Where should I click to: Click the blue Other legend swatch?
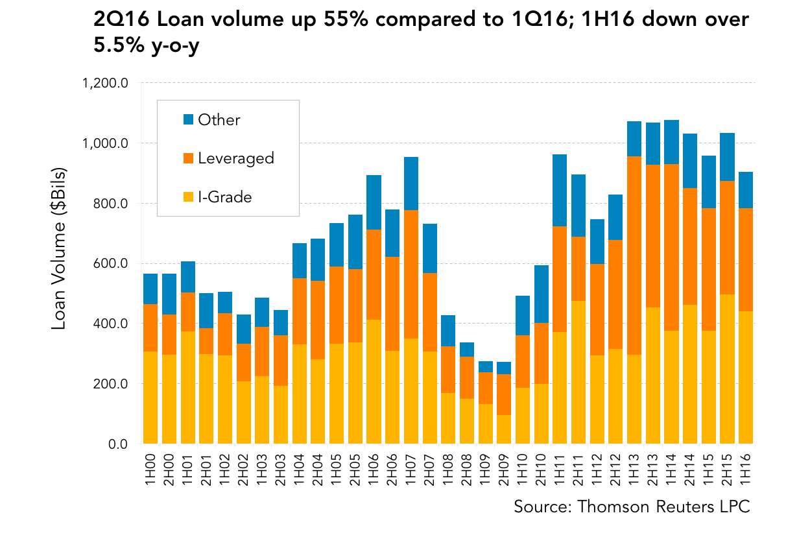(x=189, y=119)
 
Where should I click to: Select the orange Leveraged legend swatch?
(x=189, y=158)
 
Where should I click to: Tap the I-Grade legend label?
(x=225, y=197)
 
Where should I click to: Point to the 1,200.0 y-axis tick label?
(x=105, y=83)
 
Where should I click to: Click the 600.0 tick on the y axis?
(x=110, y=263)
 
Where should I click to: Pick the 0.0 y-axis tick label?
(x=118, y=444)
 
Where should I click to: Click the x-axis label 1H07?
(x=411, y=470)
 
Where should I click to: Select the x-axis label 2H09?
(x=504, y=470)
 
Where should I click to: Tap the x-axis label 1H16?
(x=746, y=470)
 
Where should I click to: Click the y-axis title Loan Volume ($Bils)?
(x=58, y=249)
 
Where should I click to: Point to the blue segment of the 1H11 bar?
(x=560, y=191)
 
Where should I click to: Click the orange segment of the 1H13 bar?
(x=634, y=256)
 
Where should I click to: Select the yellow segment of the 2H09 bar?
(x=504, y=429)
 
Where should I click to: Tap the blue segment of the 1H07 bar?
(x=411, y=184)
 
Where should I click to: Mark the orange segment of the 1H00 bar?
(x=150, y=327)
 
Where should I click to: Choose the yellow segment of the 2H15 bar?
(x=727, y=369)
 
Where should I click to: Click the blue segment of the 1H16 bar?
(x=746, y=190)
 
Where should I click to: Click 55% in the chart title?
(x=346, y=19)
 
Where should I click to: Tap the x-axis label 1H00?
(x=150, y=470)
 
